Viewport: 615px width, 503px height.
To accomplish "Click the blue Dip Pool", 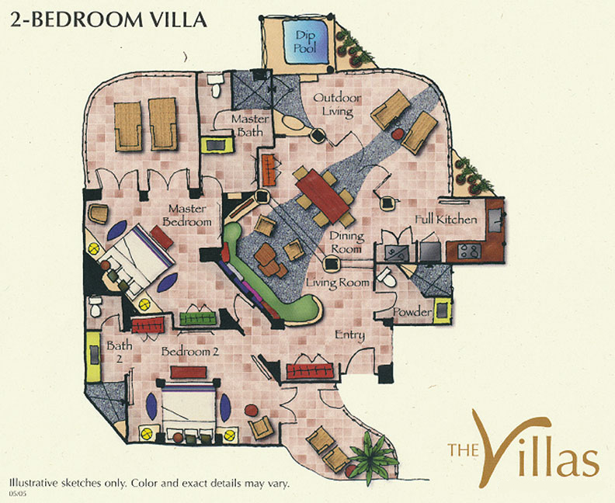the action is pos(305,42).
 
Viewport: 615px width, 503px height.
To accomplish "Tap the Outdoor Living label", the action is pos(337,105).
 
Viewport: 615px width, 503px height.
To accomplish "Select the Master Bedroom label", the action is pos(186,215).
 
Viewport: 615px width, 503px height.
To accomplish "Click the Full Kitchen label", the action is pos(446,219).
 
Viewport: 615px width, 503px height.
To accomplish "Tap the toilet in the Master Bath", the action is pos(215,85).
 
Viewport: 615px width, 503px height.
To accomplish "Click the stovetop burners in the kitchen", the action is pos(469,251).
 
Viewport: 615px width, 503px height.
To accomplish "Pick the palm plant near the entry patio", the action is pos(371,457).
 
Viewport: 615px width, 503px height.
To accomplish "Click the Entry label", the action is pos(350,335).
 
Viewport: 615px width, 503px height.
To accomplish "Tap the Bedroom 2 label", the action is pos(190,352).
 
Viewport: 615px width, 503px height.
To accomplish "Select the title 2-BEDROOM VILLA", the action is pos(108,19).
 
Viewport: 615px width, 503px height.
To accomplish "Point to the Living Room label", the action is pos(338,283).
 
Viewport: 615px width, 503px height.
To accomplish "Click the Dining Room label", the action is pos(346,242).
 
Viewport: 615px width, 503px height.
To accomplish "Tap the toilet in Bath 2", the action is pos(96,307).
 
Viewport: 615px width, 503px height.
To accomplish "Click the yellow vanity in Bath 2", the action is pos(94,356).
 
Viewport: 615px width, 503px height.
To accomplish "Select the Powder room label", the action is pos(412,312).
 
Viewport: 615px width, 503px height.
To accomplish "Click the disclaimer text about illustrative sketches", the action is pos(149,483).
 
